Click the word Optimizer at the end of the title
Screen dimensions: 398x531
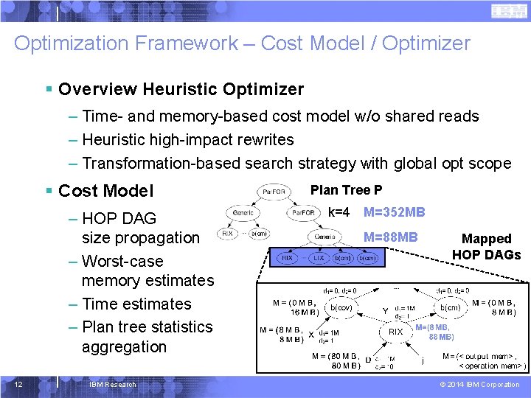pos(426,43)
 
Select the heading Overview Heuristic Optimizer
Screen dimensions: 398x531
pos(181,90)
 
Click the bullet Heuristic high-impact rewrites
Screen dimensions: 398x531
pos(187,139)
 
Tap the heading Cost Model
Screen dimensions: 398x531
pos(105,191)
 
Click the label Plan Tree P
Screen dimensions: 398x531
pos(346,190)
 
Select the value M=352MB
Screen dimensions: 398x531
pos(394,212)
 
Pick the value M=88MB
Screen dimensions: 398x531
pos(390,237)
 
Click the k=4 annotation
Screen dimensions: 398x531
pos(339,212)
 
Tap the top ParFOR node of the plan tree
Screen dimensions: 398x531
pos(274,192)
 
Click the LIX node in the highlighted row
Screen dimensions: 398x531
pos(319,259)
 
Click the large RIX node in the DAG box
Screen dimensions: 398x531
pos(395,332)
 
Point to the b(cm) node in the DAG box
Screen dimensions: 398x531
pos(450,307)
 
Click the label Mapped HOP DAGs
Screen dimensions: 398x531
pos(486,247)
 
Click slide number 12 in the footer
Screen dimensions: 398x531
pos(23,384)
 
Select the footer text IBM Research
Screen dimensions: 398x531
pos(112,384)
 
